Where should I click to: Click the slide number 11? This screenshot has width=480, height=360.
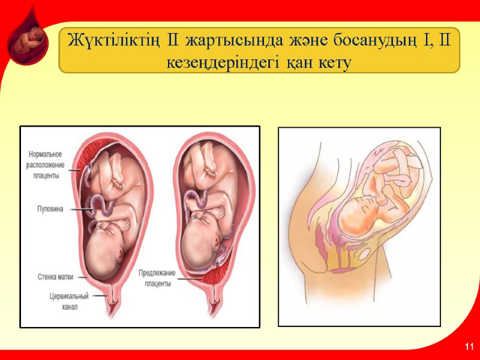click(x=469, y=347)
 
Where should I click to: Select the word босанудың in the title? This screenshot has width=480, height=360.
click(x=365, y=41)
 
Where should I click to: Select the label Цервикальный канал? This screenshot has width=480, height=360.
click(x=69, y=301)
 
